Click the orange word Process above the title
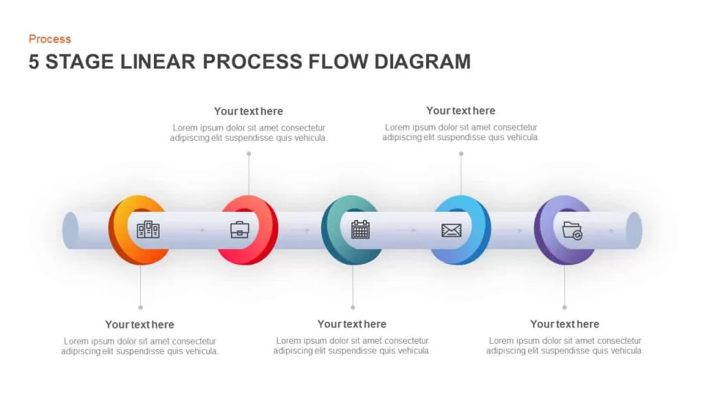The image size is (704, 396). [49, 39]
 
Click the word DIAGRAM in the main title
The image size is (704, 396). [422, 61]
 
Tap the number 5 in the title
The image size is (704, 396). [34, 61]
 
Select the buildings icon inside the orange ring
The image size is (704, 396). [148, 230]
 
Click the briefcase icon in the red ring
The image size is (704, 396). [240, 230]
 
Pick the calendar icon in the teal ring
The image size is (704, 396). [360, 229]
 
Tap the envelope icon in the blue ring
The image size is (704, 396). [451, 230]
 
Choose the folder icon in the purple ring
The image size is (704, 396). [572, 231]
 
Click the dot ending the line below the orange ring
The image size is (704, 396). [140, 307]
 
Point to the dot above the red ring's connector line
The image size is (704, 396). [249, 154]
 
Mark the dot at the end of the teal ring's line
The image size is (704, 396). [353, 307]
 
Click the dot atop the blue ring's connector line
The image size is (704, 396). [461, 154]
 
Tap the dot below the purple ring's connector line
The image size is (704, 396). [564, 307]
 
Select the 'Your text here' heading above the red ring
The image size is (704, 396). [248, 111]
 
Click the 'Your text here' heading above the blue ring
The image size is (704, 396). [461, 111]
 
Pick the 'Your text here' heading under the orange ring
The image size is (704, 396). [140, 324]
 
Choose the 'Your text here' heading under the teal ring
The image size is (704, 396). [352, 324]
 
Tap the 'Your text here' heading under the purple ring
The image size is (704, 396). [564, 324]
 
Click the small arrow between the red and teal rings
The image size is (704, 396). [300, 230]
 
